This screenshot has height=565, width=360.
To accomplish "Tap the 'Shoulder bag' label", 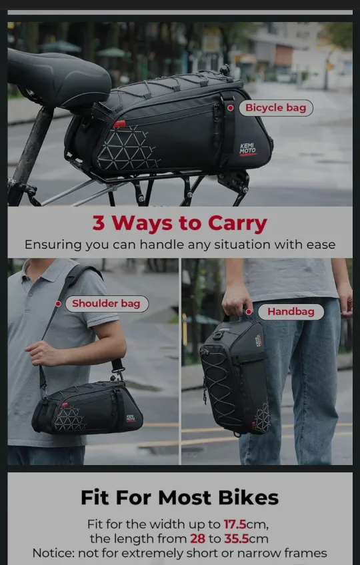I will pyautogui.click(x=106, y=304).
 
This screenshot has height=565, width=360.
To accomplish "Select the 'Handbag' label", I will pyautogui.click(x=291, y=311).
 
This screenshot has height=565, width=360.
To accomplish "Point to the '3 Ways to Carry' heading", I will pyautogui.click(x=179, y=223).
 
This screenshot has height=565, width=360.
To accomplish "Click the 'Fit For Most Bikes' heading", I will pyautogui.click(x=179, y=497).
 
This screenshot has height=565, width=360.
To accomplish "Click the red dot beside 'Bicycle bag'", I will pyautogui.click(x=230, y=108).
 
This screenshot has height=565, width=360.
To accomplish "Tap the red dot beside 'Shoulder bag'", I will pyautogui.click(x=59, y=304).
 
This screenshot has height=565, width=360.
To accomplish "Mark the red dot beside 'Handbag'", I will pyautogui.click(x=249, y=311).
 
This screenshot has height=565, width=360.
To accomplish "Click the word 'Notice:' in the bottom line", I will pyautogui.click(x=53, y=553).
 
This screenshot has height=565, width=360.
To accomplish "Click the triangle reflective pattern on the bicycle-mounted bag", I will pyautogui.click(x=128, y=149).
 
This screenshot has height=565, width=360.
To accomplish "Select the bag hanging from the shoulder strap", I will pyautogui.click(x=87, y=408).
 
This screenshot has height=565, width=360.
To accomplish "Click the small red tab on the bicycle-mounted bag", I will pyautogui.click(x=119, y=124).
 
